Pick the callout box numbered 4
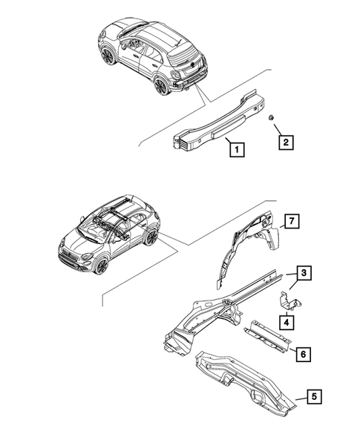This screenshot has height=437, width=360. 285,321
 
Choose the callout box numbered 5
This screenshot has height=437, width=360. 315,397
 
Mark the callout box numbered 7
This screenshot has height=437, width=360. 292,220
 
